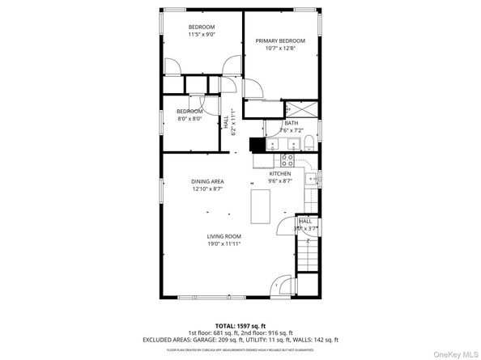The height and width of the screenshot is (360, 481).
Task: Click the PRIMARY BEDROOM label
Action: [280, 40]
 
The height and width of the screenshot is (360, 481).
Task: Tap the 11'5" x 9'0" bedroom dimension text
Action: [202, 34]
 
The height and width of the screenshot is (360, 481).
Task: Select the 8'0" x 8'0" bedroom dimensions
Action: [189, 118]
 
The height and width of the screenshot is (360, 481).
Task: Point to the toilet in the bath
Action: [309, 144]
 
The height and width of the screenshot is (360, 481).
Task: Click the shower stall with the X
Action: [301, 108]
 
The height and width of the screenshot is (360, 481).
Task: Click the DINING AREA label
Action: [207, 181]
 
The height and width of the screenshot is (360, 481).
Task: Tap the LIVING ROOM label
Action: [223, 236]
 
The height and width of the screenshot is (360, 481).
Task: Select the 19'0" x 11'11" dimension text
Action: [223, 244]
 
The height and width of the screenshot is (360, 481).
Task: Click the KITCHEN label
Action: [280, 174]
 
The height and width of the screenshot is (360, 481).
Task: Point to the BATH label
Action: [290, 123]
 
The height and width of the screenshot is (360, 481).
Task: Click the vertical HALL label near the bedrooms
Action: [226, 124]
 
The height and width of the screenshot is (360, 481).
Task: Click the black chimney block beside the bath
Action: [256, 145]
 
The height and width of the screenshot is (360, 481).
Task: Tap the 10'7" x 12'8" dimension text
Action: [280, 48]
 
